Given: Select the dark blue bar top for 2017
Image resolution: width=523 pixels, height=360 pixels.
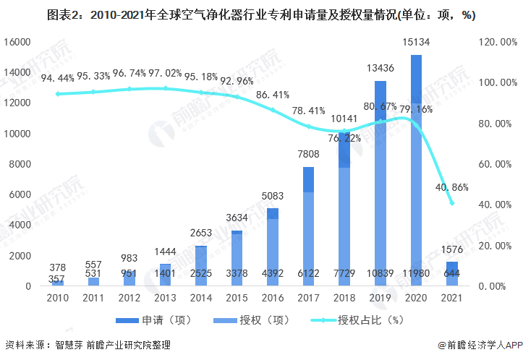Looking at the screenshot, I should pyautogui.click(x=308, y=179).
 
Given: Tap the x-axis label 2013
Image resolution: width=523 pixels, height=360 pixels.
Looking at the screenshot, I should pyautogui.click(x=164, y=299).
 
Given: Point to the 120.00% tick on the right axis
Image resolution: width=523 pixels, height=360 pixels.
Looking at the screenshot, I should pyautogui.click(x=496, y=42).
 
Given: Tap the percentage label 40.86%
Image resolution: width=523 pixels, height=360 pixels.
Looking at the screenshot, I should pyautogui.click(x=452, y=187).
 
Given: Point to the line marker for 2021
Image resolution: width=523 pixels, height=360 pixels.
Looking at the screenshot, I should pyautogui.click(x=451, y=203).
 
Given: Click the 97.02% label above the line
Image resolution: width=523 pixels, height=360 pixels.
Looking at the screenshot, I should pyautogui.click(x=165, y=73).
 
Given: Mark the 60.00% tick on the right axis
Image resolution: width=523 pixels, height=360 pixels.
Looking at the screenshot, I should pyautogui.click(x=496, y=164).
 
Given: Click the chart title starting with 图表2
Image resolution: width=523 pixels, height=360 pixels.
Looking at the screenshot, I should pyautogui.click(x=261, y=14).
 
